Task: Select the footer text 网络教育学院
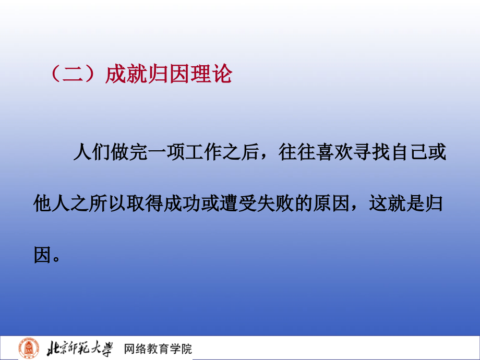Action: (x=158, y=349)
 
